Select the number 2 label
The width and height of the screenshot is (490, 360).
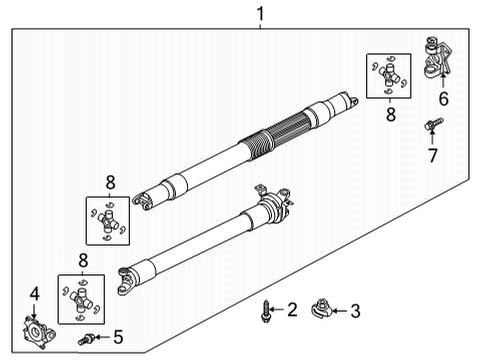292,311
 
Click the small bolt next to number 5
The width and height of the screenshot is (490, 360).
89,338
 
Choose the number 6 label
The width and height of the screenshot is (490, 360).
443,99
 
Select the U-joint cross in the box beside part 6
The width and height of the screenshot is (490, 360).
386,76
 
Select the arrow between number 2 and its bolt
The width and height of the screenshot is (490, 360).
279,311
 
